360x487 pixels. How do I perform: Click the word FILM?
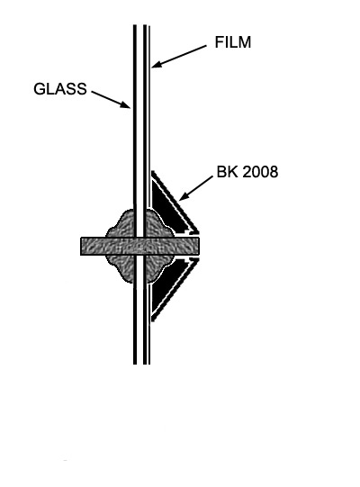pyautogui.click(x=232, y=42)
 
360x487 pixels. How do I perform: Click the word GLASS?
pyautogui.click(x=60, y=89)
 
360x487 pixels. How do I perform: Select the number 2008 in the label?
pyautogui.click(x=260, y=172)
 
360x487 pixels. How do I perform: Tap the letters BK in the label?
pyautogui.click(x=228, y=172)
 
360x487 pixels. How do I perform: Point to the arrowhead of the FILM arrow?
pyautogui.click(x=157, y=64)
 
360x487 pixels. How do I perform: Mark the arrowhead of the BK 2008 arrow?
pyautogui.click(x=184, y=196)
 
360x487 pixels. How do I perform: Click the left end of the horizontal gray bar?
pyautogui.click(x=81, y=247)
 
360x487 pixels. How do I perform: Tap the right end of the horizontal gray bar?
pyautogui.click(x=198, y=247)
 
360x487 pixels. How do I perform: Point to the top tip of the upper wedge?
pyautogui.click(x=152, y=171)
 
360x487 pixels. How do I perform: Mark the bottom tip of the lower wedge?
pyautogui.click(x=152, y=321)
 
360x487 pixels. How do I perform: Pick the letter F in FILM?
pyautogui.click(x=219, y=42)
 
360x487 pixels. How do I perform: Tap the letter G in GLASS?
pyautogui.click(x=39, y=89)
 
